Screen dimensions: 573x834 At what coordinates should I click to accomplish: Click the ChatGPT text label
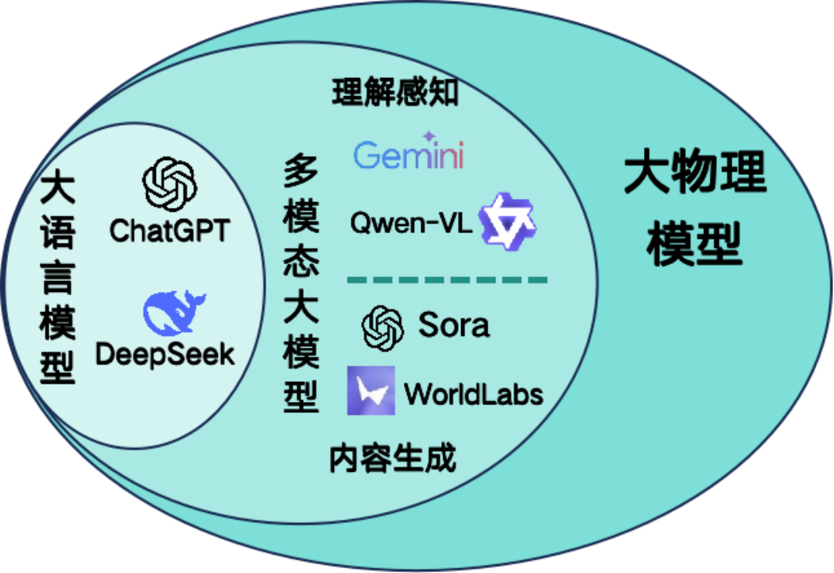click(x=169, y=230)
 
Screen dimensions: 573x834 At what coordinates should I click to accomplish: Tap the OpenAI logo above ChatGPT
click(x=169, y=182)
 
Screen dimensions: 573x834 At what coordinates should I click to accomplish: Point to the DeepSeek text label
click(x=165, y=353)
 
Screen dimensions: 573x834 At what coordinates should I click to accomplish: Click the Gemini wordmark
click(x=409, y=155)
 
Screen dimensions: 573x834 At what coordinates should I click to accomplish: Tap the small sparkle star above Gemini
click(x=429, y=135)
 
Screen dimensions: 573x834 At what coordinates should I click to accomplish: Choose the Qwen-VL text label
click(x=411, y=224)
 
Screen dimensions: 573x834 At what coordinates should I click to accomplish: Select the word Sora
click(x=454, y=325)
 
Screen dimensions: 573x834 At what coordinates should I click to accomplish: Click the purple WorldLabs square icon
click(x=370, y=391)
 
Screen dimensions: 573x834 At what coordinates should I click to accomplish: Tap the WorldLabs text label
click(x=473, y=393)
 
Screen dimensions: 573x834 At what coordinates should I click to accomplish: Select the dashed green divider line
click(x=448, y=280)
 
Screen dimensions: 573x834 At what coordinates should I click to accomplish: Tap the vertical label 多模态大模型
click(x=301, y=283)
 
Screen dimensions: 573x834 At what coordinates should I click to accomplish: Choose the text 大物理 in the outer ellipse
click(x=695, y=174)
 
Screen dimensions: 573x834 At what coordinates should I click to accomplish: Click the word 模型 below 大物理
click(x=694, y=246)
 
